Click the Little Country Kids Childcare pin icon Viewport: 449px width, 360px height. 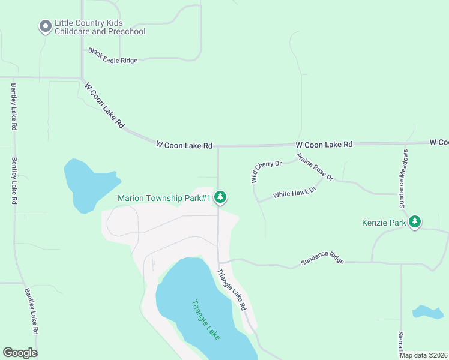(45, 26)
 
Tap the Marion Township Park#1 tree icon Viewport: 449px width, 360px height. (220, 197)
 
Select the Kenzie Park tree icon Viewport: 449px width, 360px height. (415, 223)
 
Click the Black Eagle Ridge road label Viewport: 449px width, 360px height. (113, 56)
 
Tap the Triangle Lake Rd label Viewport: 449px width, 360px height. (232, 289)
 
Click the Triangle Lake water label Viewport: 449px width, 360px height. (206, 320)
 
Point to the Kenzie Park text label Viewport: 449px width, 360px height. (384, 223)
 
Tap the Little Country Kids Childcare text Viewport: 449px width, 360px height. (100, 27)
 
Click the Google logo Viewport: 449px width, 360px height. (20, 353)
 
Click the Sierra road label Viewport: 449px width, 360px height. (400, 341)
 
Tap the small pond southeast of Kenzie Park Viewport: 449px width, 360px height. (428, 312)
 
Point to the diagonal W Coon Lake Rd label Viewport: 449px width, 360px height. (104, 106)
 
